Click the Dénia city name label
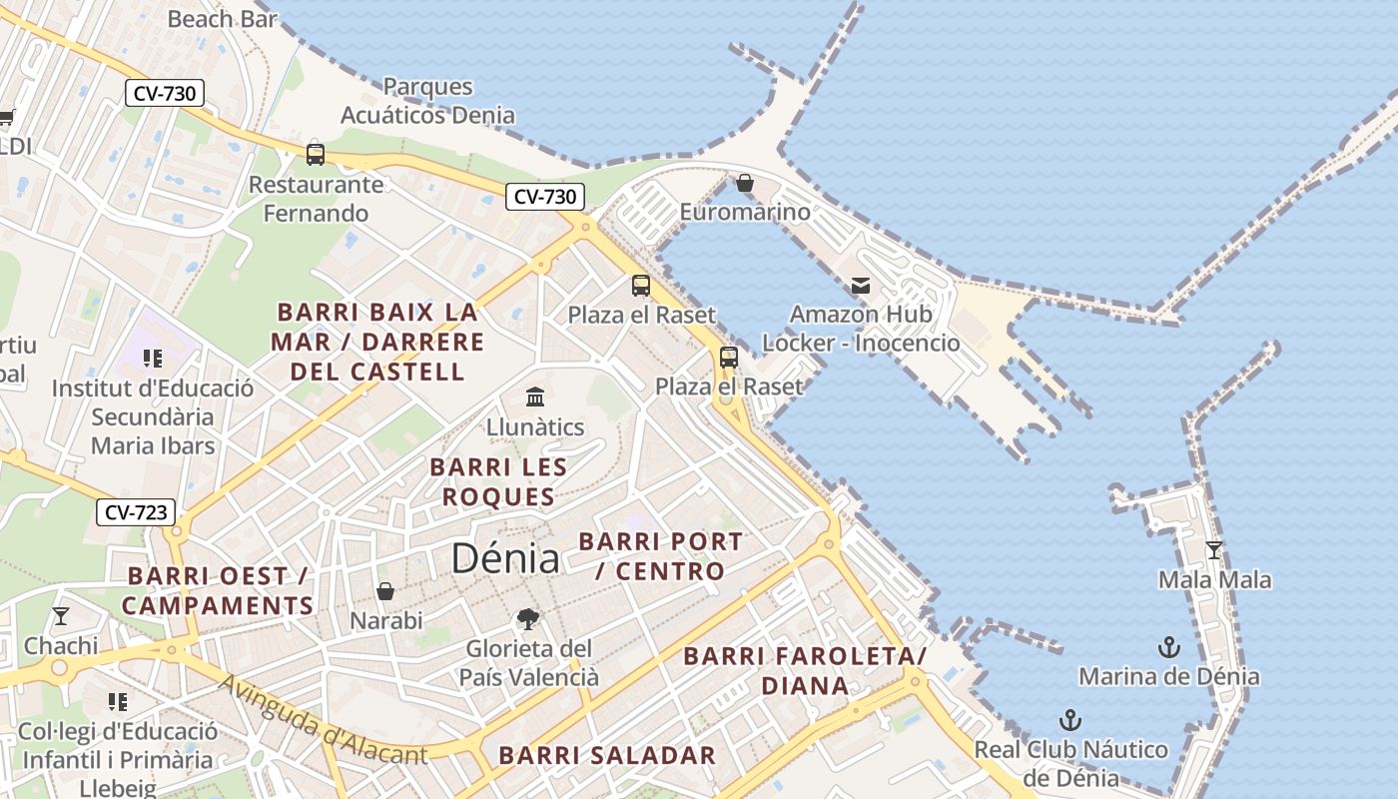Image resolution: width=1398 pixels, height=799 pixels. click(505, 557)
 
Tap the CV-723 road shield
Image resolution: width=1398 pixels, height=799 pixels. click(136, 513)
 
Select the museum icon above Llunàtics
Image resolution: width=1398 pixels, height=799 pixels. click(535, 398)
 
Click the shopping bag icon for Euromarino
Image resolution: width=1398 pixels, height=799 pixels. click(745, 183)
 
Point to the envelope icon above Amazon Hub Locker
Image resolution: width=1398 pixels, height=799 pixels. click(861, 287)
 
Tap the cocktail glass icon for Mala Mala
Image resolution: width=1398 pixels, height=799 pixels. click(1214, 550)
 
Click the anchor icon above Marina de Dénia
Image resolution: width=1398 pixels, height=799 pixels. click(1168, 647)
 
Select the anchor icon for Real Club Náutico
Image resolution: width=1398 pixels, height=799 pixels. click(1070, 720)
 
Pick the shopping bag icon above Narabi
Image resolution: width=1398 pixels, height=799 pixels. click(385, 591)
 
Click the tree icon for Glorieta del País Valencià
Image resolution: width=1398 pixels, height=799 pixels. click(528, 619)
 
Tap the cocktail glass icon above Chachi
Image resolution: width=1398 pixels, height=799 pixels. click(61, 616)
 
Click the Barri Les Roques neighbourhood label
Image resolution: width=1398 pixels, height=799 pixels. click(498, 481)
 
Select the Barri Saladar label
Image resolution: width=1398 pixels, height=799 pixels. click(607, 755)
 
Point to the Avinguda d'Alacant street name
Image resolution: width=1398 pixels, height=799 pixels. click(322, 720)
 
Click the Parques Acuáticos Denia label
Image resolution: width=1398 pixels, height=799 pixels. click(428, 101)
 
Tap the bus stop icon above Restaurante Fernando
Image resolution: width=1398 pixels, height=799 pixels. click(316, 155)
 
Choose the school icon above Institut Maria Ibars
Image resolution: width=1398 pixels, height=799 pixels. click(152, 359)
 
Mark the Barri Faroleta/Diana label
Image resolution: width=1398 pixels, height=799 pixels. click(805, 670)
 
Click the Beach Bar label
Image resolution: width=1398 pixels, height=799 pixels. click(223, 19)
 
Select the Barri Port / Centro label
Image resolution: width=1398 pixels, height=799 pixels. click(661, 556)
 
